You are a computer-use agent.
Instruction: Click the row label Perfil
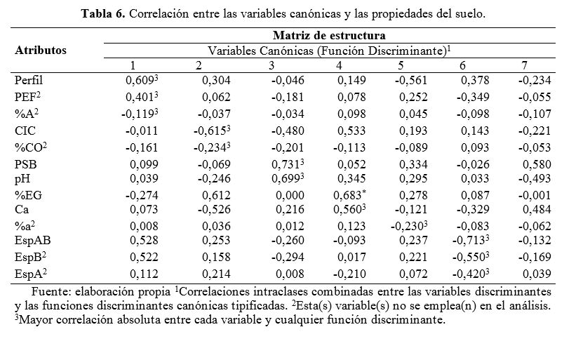click(x=29, y=81)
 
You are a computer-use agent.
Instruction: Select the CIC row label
click(x=25, y=130)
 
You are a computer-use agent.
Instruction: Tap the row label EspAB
click(x=32, y=241)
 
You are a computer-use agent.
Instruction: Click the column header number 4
click(x=339, y=65)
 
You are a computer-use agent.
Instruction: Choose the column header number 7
click(x=523, y=65)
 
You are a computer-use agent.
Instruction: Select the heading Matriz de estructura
click(x=330, y=35)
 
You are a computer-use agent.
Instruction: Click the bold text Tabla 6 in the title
click(x=104, y=13)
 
